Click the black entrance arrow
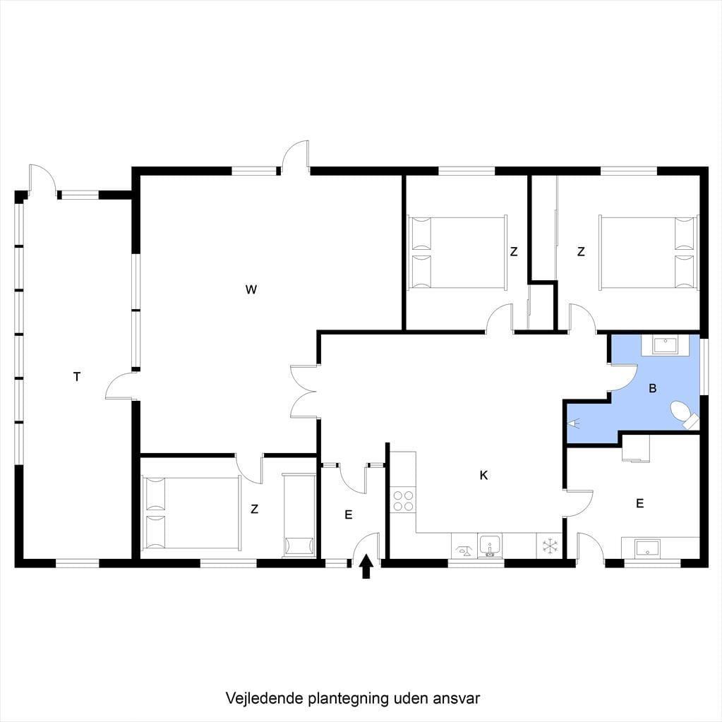pyautogui.click(x=366, y=566)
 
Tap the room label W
pyautogui.click(x=251, y=289)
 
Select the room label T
pyautogui.click(x=77, y=377)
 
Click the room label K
pyautogui.click(x=483, y=475)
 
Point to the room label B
pyautogui.click(x=652, y=388)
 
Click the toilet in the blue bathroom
pyautogui.click(x=685, y=414)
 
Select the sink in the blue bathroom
pyautogui.click(x=665, y=344)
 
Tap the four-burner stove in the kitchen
pyautogui.click(x=403, y=501)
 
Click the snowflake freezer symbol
pyautogui.click(x=549, y=546)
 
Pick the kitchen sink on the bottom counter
pyautogui.click(x=490, y=546)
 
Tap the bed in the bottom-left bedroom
pyautogui.click(x=191, y=512)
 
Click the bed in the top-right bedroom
pyautogui.click(x=647, y=253)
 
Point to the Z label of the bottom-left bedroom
pyautogui.click(x=254, y=510)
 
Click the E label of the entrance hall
pyautogui.click(x=349, y=515)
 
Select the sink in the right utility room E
pyautogui.click(x=647, y=548)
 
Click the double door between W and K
pyautogui.click(x=304, y=392)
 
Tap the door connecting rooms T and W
pyautogui.click(x=122, y=386)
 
